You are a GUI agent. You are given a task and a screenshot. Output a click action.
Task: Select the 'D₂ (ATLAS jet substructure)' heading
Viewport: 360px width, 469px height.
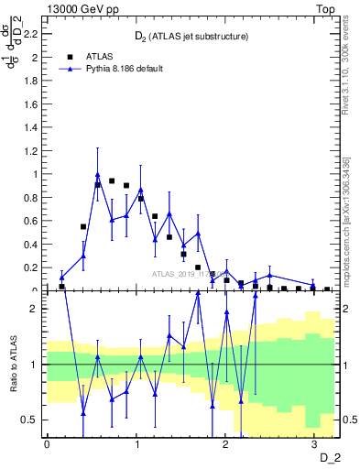[x=192, y=37]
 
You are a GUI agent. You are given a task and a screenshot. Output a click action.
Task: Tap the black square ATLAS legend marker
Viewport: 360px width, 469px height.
[x=69, y=55]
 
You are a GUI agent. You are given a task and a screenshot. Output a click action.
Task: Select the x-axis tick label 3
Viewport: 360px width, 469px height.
[x=314, y=443]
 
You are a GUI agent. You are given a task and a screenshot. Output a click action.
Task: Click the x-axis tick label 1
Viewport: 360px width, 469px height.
[x=136, y=443]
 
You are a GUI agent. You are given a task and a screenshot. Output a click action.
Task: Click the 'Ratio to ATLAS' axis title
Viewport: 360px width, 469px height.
[x=13, y=365]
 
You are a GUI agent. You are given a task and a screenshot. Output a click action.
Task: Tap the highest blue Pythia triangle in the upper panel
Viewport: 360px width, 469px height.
[x=97, y=175]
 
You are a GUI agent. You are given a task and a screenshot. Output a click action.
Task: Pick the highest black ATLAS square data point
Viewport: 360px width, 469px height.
[x=112, y=181]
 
